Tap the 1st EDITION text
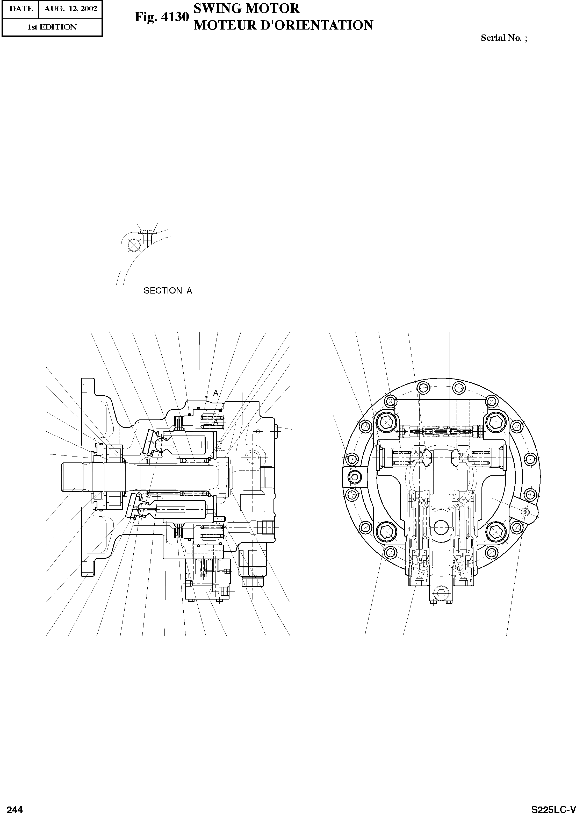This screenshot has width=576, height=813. pyautogui.click(x=52, y=27)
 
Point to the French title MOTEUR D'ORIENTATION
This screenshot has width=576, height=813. pyautogui.click(x=283, y=25)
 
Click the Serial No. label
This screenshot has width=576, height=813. pyautogui.click(x=504, y=38)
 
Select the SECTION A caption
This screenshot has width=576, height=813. pyautogui.click(x=168, y=290)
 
